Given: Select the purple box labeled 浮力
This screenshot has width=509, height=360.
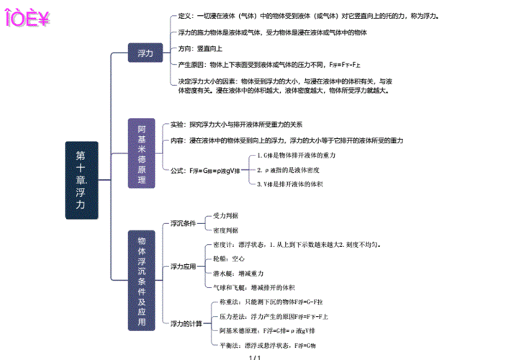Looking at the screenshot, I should [145, 53].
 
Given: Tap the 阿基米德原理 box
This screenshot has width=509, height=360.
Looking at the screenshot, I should [141, 154].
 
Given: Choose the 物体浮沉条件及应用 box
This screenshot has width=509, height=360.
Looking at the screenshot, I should [141, 281].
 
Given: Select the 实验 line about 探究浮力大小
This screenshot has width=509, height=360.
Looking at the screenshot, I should [236, 124].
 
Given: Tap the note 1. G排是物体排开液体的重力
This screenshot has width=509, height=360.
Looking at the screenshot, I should [296, 156].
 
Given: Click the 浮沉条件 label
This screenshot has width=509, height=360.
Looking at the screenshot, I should [183, 223].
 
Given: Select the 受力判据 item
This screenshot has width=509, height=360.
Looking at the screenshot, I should [226, 216].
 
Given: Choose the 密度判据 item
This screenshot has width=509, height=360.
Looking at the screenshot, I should [226, 230].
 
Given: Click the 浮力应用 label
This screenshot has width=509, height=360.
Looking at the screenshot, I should [183, 266].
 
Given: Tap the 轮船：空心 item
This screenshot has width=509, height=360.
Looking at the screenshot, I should [230, 258].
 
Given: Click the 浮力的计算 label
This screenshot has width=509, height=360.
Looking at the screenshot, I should [186, 324].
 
